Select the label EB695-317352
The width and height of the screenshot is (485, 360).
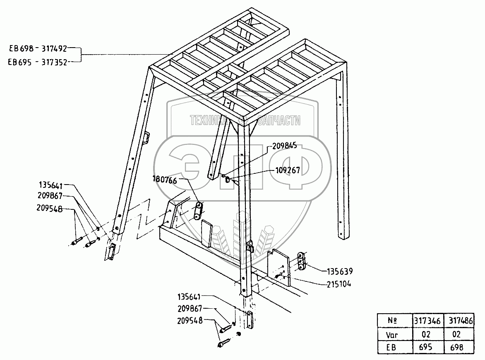(x=38, y=62)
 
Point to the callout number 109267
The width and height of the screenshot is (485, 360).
(x=288, y=170)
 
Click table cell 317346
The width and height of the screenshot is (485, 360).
(x=427, y=320)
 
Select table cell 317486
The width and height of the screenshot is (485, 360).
(x=459, y=320)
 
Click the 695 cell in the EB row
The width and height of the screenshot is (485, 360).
(x=427, y=347)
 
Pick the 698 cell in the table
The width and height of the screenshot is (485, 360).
(x=459, y=347)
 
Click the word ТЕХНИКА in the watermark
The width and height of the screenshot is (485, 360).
(x=209, y=120)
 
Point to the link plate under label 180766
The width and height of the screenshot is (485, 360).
(x=197, y=211)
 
